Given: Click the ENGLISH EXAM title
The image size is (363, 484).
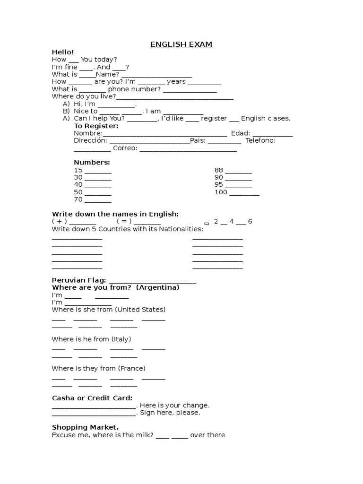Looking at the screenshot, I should (x=181, y=44).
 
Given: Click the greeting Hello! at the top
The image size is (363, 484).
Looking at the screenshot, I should (x=63, y=52).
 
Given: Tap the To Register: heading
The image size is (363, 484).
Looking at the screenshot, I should (x=96, y=126).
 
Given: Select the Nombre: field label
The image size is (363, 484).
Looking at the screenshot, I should (x=88, y=133).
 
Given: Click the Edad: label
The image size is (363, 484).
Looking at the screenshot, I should (x=241, y=133).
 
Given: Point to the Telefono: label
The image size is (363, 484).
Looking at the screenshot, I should (x=261, y=140).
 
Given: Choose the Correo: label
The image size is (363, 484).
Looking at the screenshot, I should (x=125, y=148).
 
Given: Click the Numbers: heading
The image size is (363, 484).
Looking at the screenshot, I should (x=92, y=163).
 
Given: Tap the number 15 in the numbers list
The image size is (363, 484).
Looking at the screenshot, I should (x=78, y=170).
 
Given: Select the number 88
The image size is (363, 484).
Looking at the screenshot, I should (x=218, y=170).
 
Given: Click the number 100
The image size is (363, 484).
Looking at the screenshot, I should (x=221, y=192).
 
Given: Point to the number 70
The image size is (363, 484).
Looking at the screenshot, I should (x=78, y=199).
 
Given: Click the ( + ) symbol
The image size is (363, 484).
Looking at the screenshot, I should (x=59, y=221).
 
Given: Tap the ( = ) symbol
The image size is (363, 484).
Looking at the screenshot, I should (x=124, y=221).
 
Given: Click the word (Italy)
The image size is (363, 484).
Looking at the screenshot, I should (x=121, y=339).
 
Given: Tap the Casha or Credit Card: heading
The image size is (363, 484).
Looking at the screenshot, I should (x=92, y=398).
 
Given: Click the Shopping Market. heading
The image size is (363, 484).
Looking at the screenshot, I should (x=85, y=427).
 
